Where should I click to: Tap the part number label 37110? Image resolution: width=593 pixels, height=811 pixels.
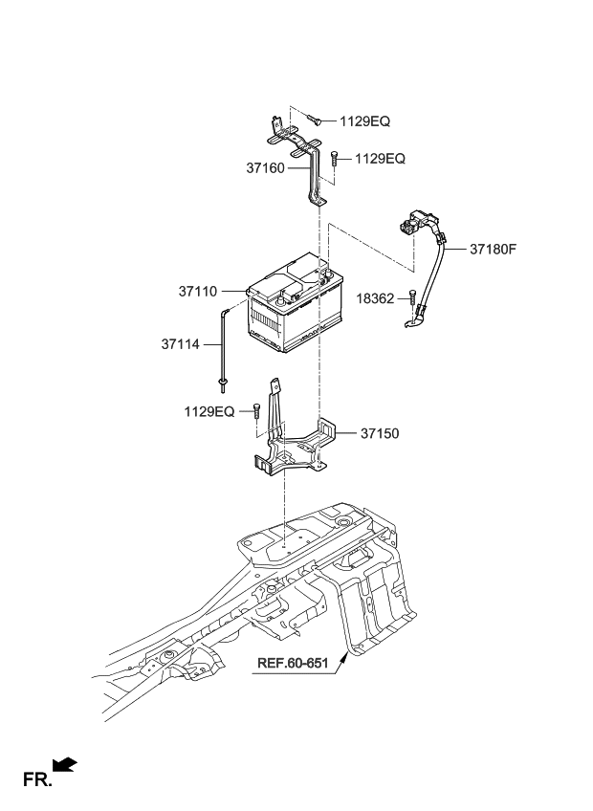[198, 289]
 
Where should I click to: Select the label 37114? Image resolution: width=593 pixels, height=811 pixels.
[180, 344]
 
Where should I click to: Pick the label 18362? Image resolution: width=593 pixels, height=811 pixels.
[374, 299]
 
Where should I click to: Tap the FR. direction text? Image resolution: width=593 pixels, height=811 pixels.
[36, 780]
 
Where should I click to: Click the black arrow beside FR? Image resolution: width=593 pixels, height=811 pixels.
[65, 764]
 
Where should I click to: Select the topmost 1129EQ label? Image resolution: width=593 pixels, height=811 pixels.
[364, 121]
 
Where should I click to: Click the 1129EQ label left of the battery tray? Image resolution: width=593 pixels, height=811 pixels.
[209, 411]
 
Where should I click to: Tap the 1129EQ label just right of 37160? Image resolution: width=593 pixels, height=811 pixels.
[380, 159]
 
